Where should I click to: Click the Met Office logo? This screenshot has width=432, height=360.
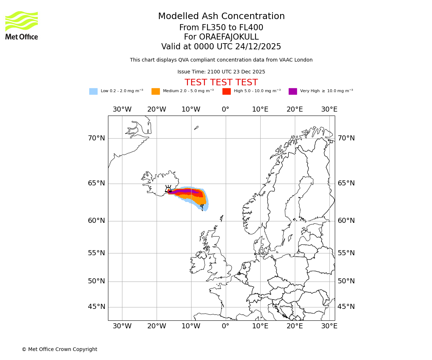22,25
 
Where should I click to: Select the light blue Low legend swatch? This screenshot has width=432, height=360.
93,91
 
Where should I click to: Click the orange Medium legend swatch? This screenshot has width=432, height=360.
156,91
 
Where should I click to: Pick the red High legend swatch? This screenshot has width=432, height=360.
226,91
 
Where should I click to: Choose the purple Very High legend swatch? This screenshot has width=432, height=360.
293,91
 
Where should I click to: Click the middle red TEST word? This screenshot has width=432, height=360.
221,83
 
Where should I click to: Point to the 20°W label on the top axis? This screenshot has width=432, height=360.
157,109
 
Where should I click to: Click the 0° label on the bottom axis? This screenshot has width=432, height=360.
226,326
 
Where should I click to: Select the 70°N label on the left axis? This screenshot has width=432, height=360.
96,138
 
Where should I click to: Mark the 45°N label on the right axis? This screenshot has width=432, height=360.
346,307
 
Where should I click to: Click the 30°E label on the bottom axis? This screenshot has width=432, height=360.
329,326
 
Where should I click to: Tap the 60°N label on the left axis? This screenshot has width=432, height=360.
96,221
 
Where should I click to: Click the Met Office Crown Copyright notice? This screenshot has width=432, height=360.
59,349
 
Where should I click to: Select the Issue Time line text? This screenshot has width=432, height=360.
221,72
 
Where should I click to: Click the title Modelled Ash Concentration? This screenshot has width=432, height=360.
221,16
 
